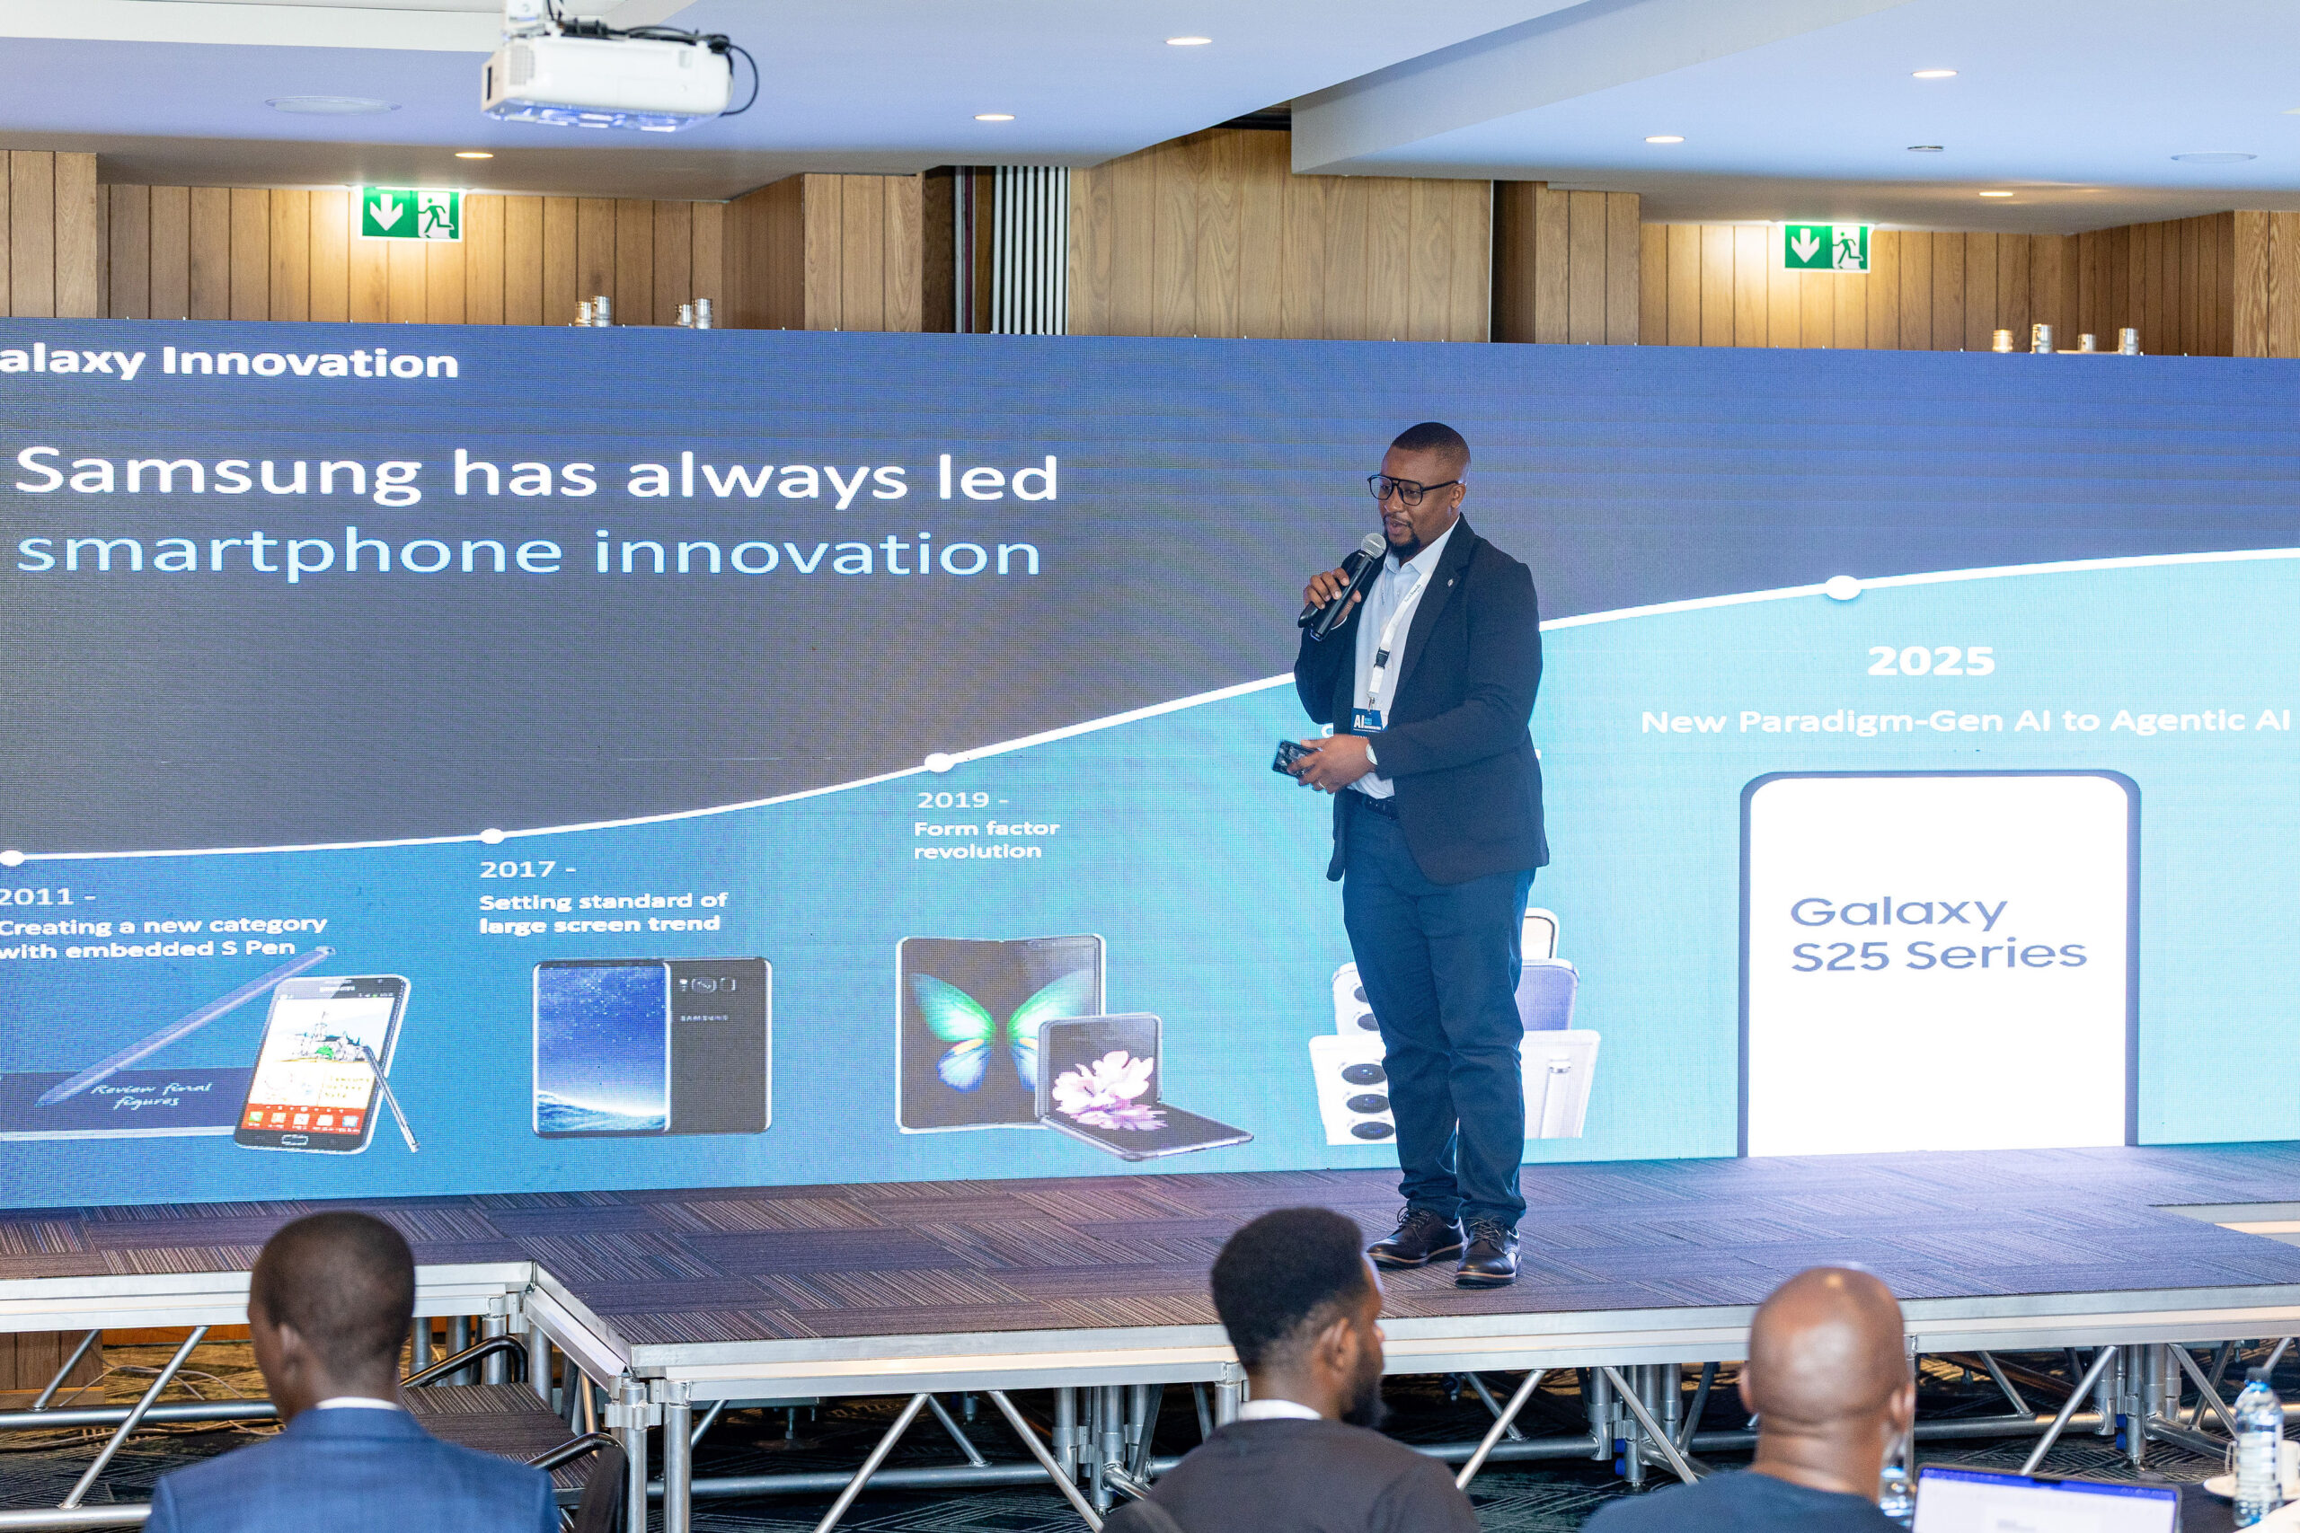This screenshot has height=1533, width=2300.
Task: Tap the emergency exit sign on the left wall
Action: coord(411,213)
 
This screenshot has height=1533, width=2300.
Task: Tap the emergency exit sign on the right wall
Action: coord(1826,246)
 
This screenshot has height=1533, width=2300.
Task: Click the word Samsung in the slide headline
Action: coord(217,473)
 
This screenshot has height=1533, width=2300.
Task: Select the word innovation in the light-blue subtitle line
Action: coord(817,553)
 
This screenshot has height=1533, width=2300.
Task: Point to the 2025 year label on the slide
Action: coord(1929,662)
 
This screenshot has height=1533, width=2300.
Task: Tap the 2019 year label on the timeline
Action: coord(953,800)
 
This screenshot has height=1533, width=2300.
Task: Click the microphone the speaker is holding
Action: coord(1348,584)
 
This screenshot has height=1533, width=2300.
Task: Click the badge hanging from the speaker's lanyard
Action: coord(1367,720)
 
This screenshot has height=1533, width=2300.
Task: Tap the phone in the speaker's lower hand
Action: coord(1293,757)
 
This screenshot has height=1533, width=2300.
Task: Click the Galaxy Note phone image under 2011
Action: coord(323,1061)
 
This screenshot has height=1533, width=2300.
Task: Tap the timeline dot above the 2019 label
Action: coord(938,762)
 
